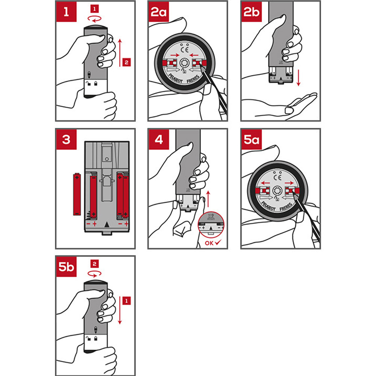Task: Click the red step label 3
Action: [x=67, y=139]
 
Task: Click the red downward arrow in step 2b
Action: [x=298, y=77]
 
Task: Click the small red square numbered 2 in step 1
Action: [x=127, y=62]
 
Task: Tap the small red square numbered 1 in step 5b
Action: [x=127, y=301]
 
